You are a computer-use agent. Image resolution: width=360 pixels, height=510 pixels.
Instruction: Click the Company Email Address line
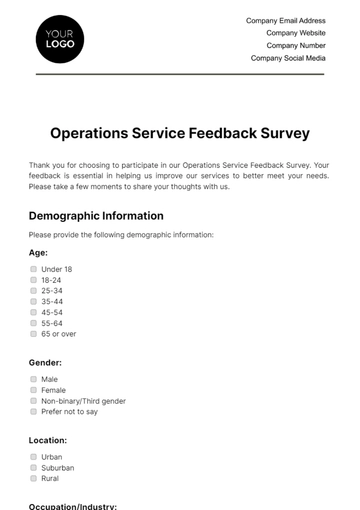tap(286, 21)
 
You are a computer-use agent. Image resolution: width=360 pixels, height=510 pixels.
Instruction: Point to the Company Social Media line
tap(288, 58)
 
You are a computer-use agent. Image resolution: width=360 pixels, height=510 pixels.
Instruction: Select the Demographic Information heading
tap(96, 216)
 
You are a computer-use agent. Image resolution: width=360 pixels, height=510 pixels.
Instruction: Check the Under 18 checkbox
tap(33, 269)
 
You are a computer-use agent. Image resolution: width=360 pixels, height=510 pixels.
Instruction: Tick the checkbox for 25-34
tap(33, 291)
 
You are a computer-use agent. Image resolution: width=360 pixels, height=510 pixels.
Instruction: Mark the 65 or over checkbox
tap(33, 334)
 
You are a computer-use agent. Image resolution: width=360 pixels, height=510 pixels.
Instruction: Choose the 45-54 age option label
tap(52, 312)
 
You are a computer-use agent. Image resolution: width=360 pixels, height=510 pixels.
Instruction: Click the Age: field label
tap(38, 252)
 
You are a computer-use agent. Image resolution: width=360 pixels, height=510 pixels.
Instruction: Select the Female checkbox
tap(33, 390)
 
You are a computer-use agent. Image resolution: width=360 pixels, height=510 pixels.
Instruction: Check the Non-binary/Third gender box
tap(33, 401)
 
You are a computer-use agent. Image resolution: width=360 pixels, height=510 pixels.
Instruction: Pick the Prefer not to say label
tap(69, 412)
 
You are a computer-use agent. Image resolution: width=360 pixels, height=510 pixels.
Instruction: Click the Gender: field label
tap(46, 362)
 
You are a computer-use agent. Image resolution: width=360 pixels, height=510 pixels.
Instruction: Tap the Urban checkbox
tap(33, 457)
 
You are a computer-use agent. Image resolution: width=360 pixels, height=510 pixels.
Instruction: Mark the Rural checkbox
tap(33, 479)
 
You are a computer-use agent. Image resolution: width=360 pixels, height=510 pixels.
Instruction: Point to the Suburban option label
tap(57, 468)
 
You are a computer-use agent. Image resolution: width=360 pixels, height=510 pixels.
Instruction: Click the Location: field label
tap(48, 440)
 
